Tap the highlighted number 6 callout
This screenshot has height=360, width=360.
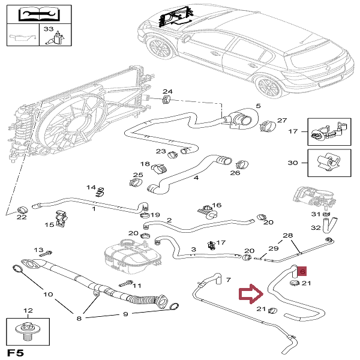(302, 271)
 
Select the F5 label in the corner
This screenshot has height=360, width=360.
(16, 352)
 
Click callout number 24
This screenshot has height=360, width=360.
(167, 92)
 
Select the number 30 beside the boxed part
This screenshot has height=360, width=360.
(292, 163)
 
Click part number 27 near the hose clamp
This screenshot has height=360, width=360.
(283, 120)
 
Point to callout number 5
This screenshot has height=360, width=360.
(259, 107)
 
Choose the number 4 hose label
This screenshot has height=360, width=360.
(196, 178)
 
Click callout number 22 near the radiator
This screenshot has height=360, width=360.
(22, 217)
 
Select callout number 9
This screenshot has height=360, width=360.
(126, 314)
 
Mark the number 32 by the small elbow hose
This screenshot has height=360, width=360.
(316, 228)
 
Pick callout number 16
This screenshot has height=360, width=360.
(217, 205)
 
